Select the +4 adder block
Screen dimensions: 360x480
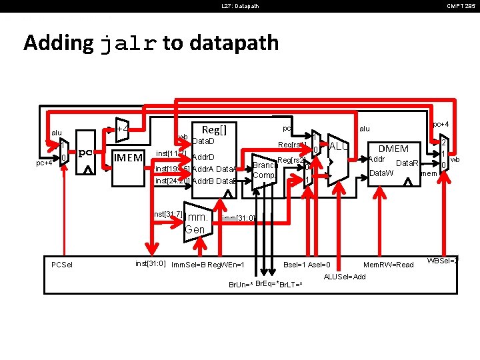tap(121, 129)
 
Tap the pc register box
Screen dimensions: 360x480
tap(85, 153)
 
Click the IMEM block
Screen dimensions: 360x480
tap(128, 158)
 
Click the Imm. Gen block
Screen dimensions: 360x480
tap(197, 223)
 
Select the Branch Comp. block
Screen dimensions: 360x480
tap(264, 170)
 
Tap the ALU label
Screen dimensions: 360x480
tap(339, 146)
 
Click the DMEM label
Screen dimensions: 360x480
tap(393, 148)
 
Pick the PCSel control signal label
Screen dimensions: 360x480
tap(62, 265)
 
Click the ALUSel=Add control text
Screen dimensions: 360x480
tap(344, 277)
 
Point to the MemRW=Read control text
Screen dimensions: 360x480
tap(389, 265)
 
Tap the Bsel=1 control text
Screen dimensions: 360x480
tap(295, 265)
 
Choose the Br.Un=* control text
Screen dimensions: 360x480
tap(240, 285)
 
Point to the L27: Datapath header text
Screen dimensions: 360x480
tap(240, 6)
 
